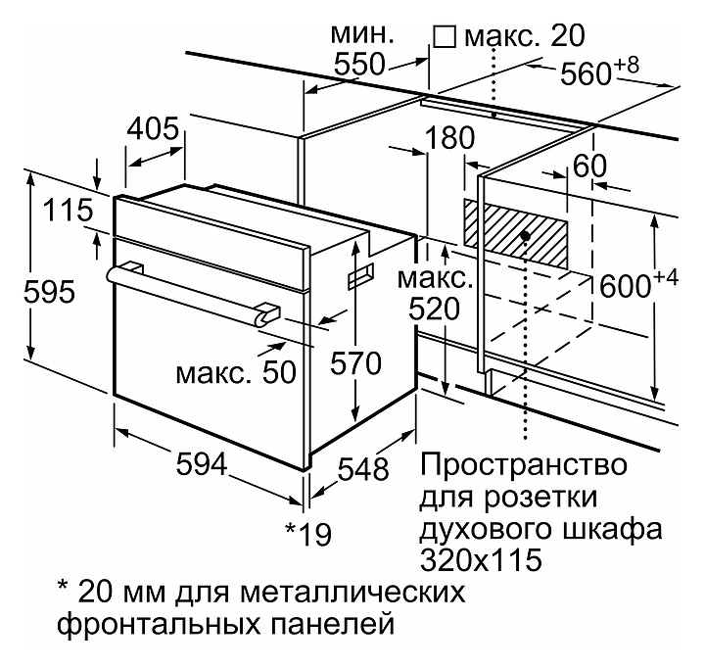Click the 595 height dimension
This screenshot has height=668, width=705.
tap(49, 292)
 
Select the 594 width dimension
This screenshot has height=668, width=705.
tap(202, 463)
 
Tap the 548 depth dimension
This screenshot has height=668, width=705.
tap(363, 469)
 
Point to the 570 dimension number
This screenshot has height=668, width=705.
tap(355, 363)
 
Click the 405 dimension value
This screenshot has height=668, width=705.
tap(153, 128)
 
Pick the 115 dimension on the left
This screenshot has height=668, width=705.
tap(68, 211)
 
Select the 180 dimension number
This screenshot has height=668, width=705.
tap(449, 138)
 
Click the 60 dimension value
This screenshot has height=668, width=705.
tap(589, 166)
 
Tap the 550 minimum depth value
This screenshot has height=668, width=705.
tap(359, 65)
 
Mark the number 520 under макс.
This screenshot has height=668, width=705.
tap(435, 309)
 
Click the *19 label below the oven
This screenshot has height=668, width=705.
tap(308, 534)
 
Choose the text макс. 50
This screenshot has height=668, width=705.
tap(237, 372)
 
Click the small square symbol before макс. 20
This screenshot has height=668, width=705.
tap(445, 37)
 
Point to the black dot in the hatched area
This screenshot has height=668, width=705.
tap(524, 235)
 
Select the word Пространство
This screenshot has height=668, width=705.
tap(523, 464)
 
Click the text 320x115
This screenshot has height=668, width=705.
tap(481, 560)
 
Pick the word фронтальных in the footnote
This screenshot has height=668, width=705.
tap(159, 624)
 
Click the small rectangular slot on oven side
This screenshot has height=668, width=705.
tap(360, 275)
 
